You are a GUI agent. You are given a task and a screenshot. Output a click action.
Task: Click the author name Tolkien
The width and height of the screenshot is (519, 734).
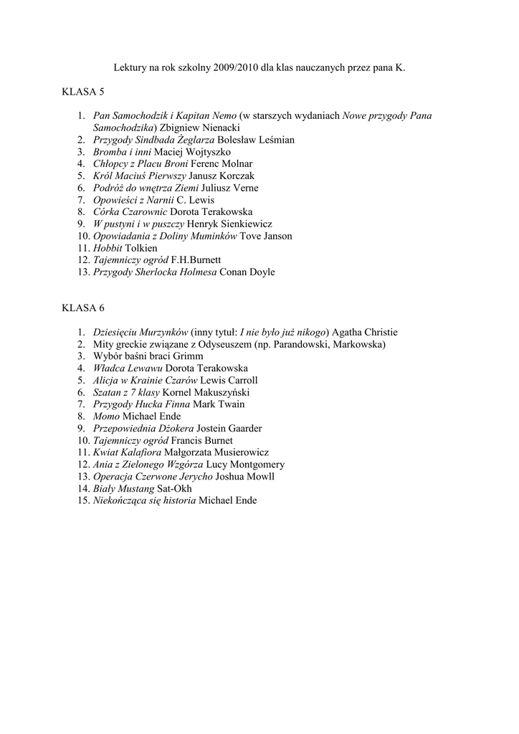(141, 248)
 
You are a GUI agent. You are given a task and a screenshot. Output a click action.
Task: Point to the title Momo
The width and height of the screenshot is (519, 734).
(106, 416)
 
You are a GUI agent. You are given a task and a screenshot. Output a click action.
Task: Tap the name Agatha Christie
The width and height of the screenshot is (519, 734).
(364, 332)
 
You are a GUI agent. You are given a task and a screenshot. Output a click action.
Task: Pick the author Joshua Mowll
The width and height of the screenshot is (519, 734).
(245, 476)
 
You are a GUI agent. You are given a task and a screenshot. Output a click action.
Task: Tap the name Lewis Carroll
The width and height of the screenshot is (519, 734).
(229, 380)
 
